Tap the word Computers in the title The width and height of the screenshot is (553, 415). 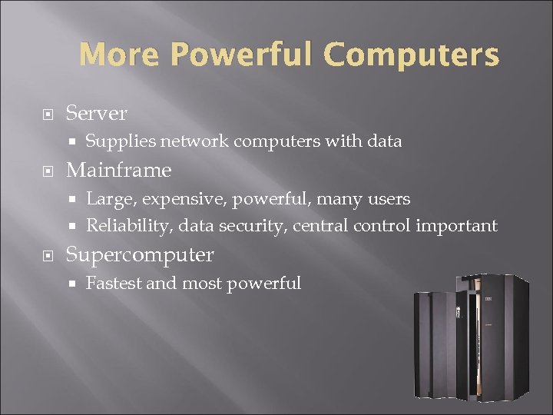(x=412, y=55)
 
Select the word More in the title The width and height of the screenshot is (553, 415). (x=121, y=55)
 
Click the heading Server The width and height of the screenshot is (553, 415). (x=97, y=113)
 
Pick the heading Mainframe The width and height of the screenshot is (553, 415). (x=119, y=169)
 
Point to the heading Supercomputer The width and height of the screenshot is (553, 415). (x=140, y=254)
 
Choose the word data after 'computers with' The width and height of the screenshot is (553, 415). (x=385, y=141)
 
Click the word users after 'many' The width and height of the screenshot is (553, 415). (x=388, y=199)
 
